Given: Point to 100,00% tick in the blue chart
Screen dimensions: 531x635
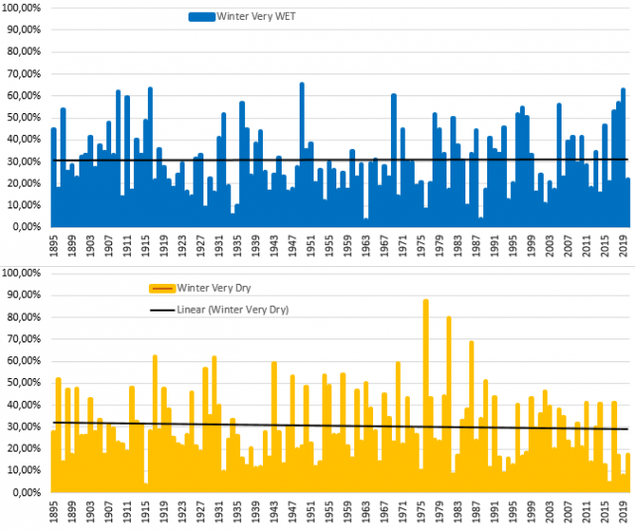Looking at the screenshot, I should pos(24,9).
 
